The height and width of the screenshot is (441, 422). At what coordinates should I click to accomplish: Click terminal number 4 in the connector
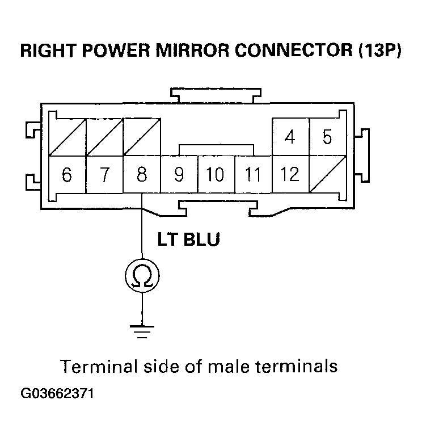pos(290,137)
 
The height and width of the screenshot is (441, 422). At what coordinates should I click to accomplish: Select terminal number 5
pos(327,137)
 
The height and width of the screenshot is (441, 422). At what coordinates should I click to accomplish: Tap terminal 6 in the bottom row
pos(67,174)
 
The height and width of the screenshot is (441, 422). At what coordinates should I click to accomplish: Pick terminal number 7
pos(104,174)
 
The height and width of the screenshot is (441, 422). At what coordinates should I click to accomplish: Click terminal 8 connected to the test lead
pos(142,174)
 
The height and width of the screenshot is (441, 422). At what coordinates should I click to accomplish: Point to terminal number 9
pos(179,174)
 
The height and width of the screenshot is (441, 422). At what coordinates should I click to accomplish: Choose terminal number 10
pos(216,174)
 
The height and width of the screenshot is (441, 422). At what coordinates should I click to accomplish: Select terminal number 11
pos(253,174)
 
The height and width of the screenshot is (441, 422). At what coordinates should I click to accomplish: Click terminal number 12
pos(290,174)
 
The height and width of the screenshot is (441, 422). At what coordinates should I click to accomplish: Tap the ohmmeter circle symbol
pos(142,276)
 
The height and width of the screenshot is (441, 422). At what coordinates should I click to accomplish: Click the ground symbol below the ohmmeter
pos(142,330)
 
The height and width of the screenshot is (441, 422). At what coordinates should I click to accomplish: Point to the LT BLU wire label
pos(188,239)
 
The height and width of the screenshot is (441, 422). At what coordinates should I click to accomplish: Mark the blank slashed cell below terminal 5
pos(327,174)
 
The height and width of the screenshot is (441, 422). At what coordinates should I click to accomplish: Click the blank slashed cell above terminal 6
pos(67,137)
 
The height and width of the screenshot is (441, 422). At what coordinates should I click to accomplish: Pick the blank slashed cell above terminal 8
pos(142,137)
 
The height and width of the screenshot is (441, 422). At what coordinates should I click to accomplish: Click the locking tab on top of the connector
pos(217,95)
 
